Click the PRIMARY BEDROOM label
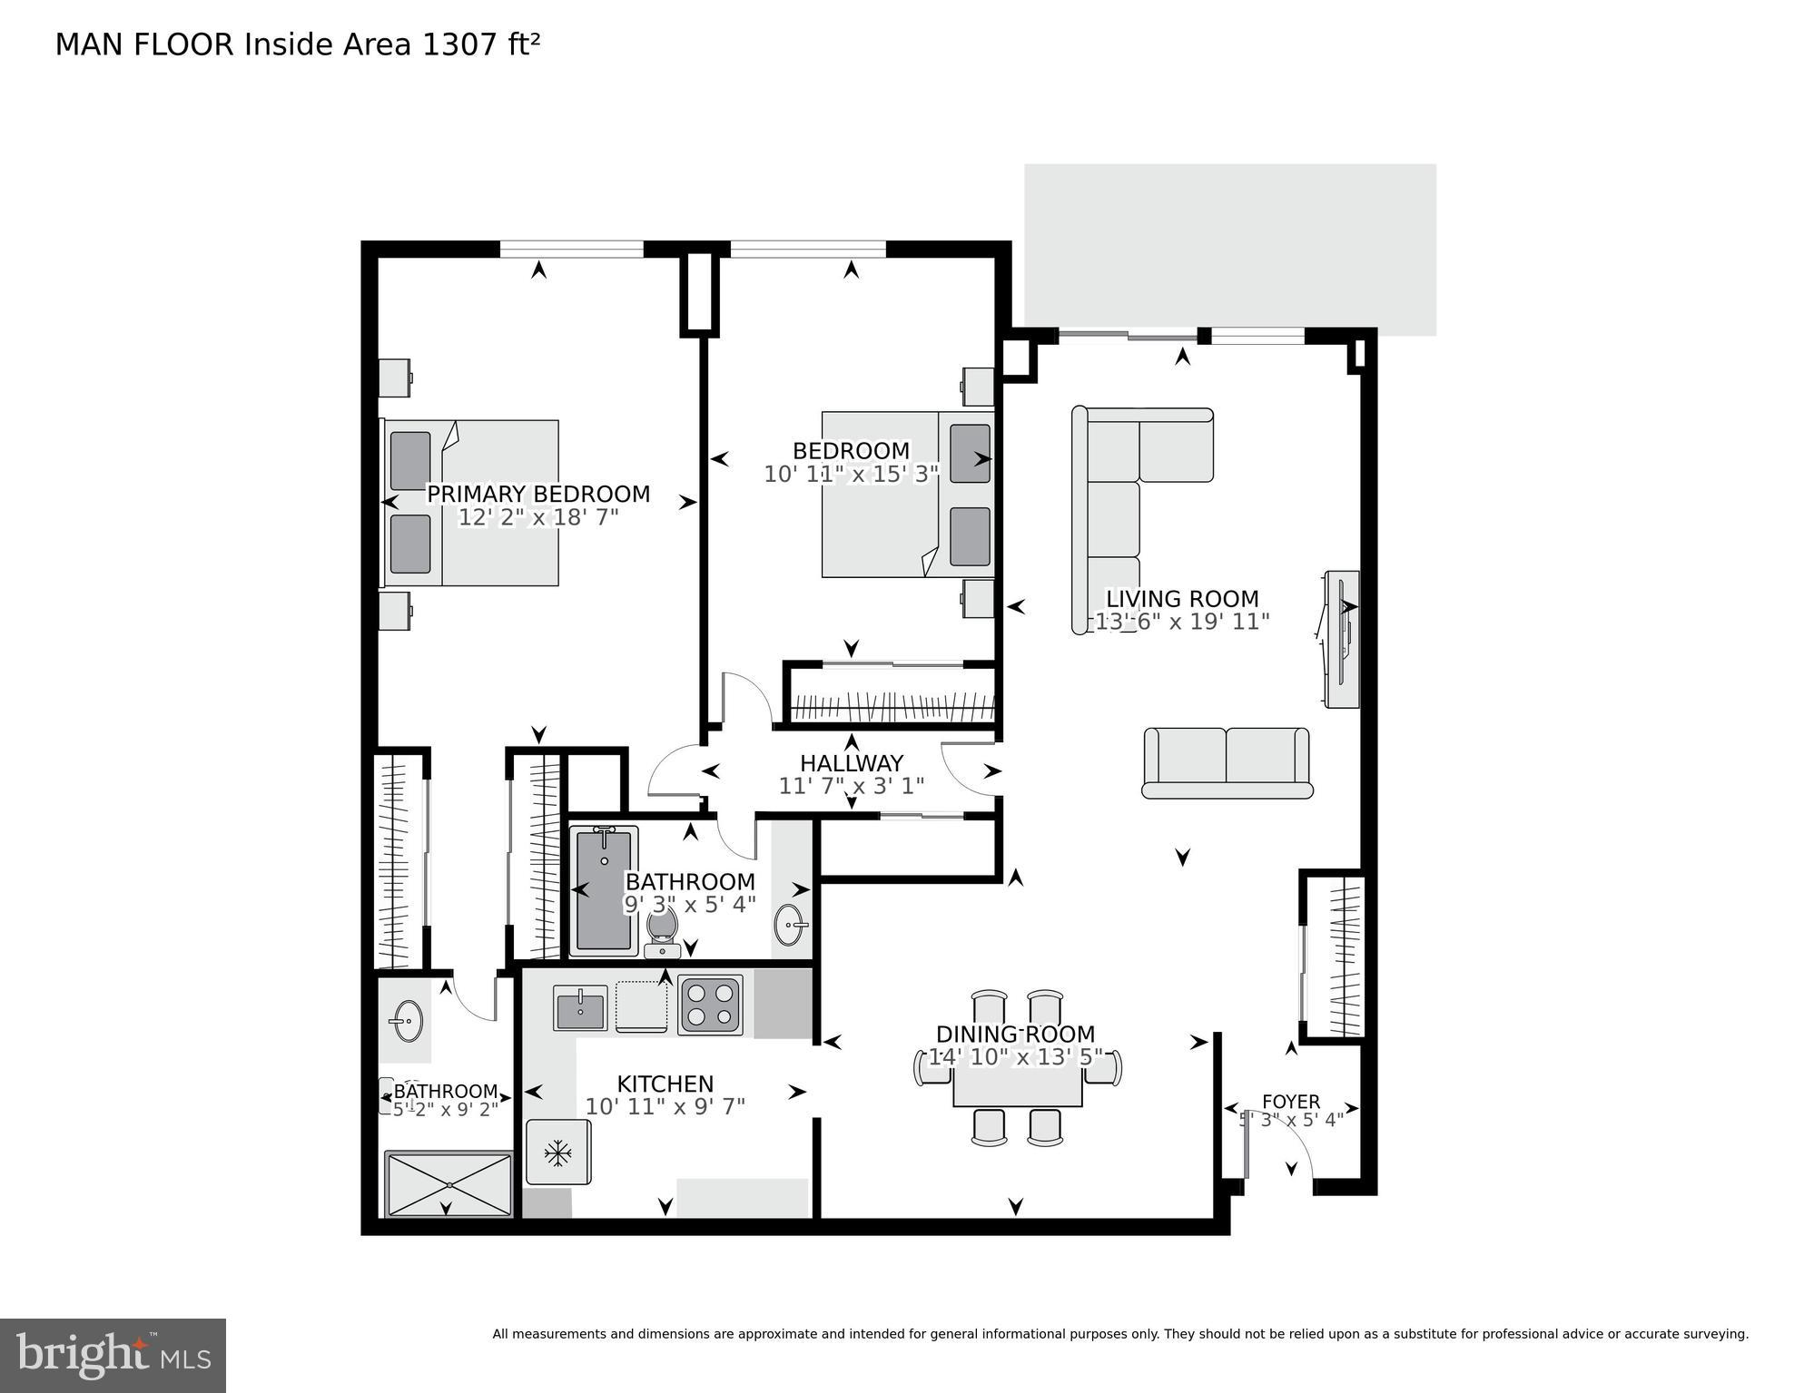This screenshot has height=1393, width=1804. tap(538, 494)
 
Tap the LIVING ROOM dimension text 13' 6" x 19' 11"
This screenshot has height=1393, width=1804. tap(1181, 623)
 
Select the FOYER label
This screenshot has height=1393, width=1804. tap(1290, 1102)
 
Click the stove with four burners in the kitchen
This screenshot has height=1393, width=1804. tap(710, 1005)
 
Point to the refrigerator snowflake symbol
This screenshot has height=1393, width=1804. tap(557, 1153)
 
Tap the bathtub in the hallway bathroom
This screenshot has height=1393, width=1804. tap(604, 890)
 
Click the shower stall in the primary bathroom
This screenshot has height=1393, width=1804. tap(449, 1183)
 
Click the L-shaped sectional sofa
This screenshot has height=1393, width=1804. tap(1117, 490)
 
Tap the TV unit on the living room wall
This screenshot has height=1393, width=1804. tap(1341, 639)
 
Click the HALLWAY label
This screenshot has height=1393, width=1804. tap(851, 763)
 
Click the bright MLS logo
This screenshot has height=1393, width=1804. tap(113, 1355)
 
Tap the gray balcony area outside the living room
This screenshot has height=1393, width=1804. tap(1229, 245)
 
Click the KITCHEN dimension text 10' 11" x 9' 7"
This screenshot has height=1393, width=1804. tap(665, 1107)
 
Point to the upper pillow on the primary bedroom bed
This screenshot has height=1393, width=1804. tap(409, 461)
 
